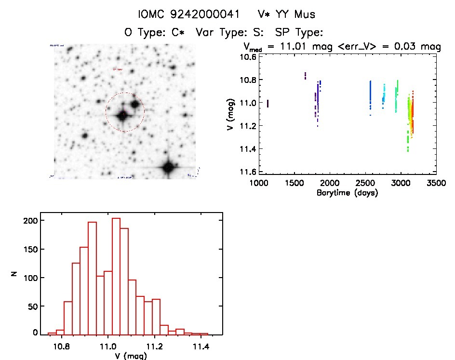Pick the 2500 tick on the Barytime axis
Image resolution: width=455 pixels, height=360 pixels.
[365, 183]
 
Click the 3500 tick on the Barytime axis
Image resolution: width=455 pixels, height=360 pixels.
[437, 183]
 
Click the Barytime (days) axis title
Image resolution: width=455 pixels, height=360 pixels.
[347, 193]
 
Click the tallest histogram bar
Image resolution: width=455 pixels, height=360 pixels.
[116, 276]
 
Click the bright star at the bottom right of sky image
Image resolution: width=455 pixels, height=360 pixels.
[168, 167]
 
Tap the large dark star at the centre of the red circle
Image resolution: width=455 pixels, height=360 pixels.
[122, 116]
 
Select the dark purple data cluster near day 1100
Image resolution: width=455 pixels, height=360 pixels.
[268, 104]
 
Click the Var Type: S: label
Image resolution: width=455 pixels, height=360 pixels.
[232, 33]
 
